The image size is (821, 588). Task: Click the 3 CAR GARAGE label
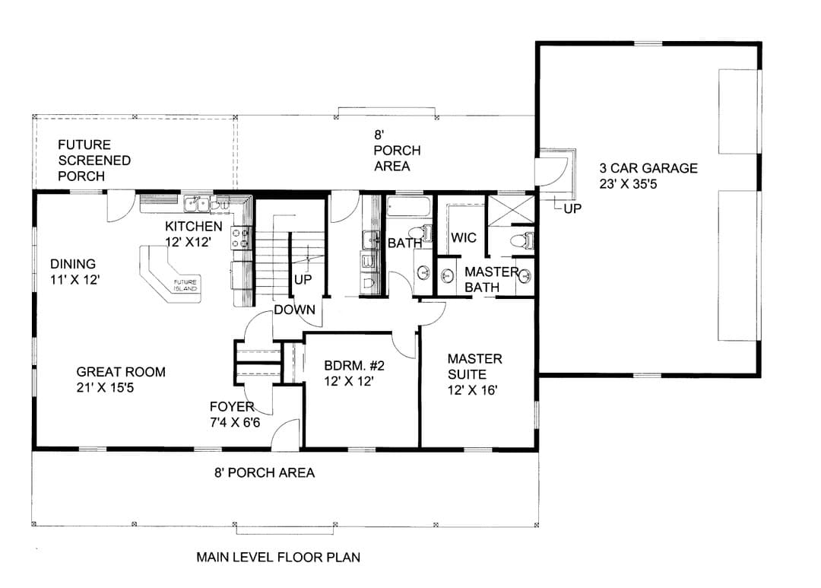648,168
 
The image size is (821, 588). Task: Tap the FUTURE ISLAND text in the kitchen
185,285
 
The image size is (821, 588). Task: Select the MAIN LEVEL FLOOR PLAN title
278,557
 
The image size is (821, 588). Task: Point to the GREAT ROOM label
121,372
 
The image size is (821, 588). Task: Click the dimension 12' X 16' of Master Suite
472,390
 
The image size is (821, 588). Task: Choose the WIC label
464,237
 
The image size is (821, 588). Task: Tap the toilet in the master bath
521,241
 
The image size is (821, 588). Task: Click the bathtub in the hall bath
409,206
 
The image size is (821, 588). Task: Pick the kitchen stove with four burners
242,237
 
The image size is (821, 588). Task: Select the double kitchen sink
197,204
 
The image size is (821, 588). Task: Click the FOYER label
232,407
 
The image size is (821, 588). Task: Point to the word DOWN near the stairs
295,310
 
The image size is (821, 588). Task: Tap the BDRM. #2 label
354,365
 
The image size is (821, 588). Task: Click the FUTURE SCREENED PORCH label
94,161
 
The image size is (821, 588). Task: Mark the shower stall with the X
511,210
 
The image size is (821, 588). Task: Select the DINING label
73,264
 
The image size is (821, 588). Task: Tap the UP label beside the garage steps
573,208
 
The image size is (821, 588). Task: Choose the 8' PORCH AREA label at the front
265,472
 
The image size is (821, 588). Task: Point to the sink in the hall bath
423,272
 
